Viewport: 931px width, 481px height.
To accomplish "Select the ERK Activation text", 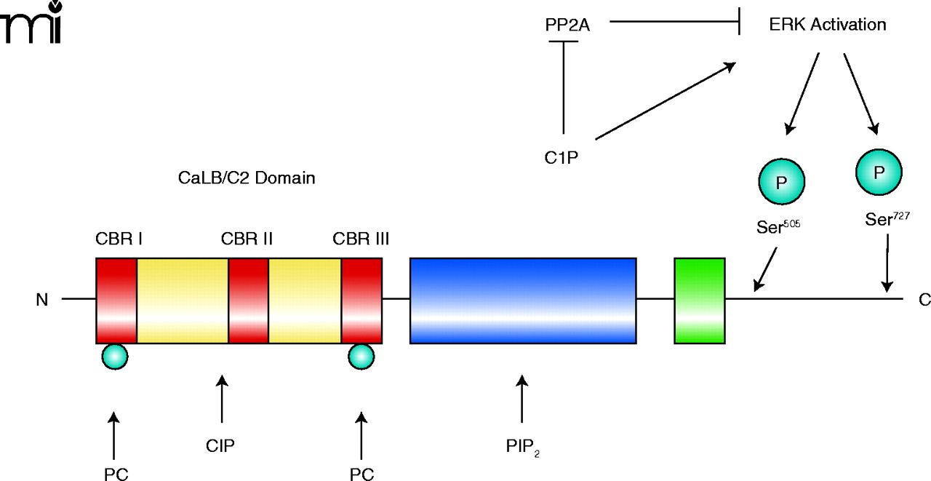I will (x=827, y=25).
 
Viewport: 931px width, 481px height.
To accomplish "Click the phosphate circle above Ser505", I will (x=781, y=182).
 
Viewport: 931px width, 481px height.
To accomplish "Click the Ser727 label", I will (x=887, y=219).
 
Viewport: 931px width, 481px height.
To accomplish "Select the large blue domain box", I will (x=523, y=300).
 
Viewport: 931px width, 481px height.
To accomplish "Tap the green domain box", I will (x=700, y=300).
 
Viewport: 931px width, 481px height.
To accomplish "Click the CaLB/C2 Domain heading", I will (x=247, y=177).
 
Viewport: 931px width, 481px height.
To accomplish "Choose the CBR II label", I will (x=247, y=239).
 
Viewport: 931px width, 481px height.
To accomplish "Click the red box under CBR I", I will (x=116, y=300).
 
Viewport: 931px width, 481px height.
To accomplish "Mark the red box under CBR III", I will (x=361, y=300).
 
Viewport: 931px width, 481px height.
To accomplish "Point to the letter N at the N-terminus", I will (x=42, y=299).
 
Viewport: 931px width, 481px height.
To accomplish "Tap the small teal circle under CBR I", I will (x=115, y=356).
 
